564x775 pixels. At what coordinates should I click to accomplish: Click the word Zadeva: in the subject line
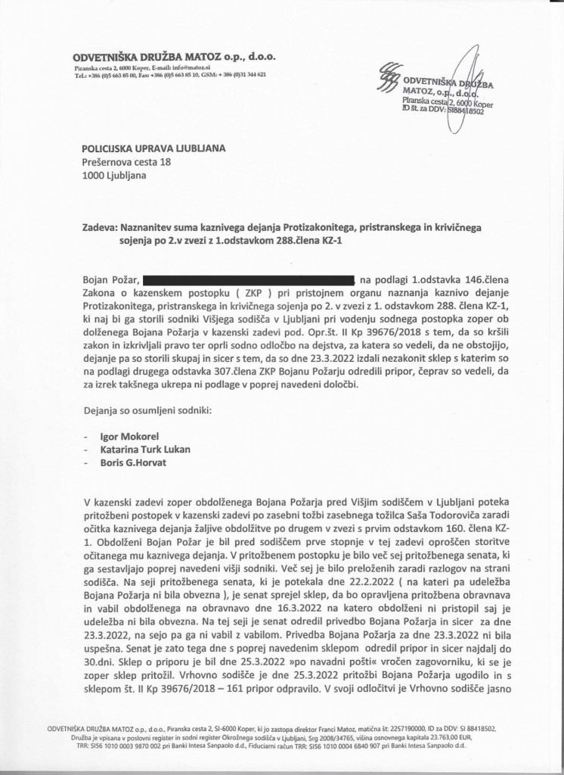click(101, 226)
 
